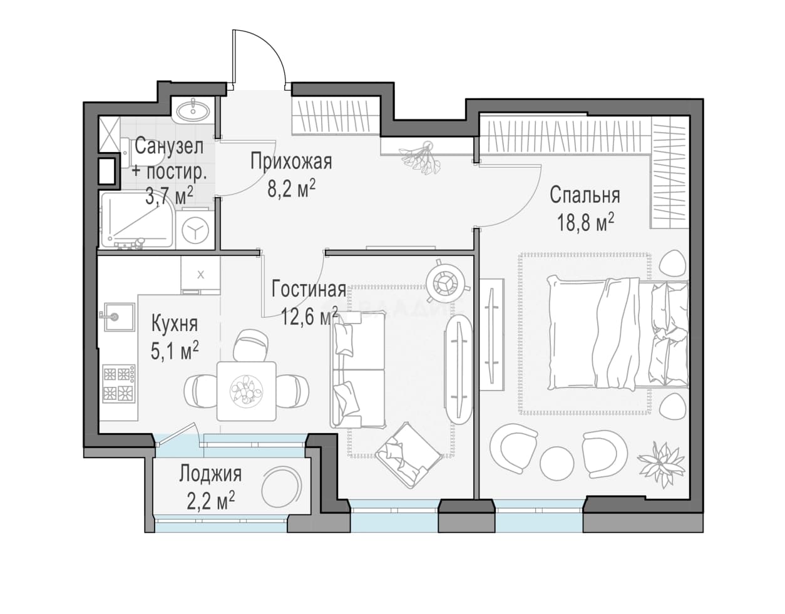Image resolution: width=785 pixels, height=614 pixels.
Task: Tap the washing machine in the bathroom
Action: click(x=195, y=230)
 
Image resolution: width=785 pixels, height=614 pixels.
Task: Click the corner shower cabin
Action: click(x=137, y=220)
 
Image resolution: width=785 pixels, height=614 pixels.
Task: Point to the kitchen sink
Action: click(x=119, y=317)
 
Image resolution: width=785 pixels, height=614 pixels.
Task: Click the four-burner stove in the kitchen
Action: click(x=119, y=383)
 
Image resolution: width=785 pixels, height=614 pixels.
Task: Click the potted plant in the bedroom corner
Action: click(x=660, y=464)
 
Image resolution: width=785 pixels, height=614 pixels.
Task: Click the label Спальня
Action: click(x=585, y=195)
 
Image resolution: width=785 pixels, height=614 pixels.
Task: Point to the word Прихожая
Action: click(x=291, y=161)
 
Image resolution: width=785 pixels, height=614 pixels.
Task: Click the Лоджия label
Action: click(x=210, y=474)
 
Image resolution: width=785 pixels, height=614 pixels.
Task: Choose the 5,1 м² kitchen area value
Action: click(x=175, y=351)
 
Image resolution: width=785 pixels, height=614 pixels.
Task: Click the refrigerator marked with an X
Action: click(x=200, y=275)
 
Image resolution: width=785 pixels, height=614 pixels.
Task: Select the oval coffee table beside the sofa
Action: click(x=458, y=369)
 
